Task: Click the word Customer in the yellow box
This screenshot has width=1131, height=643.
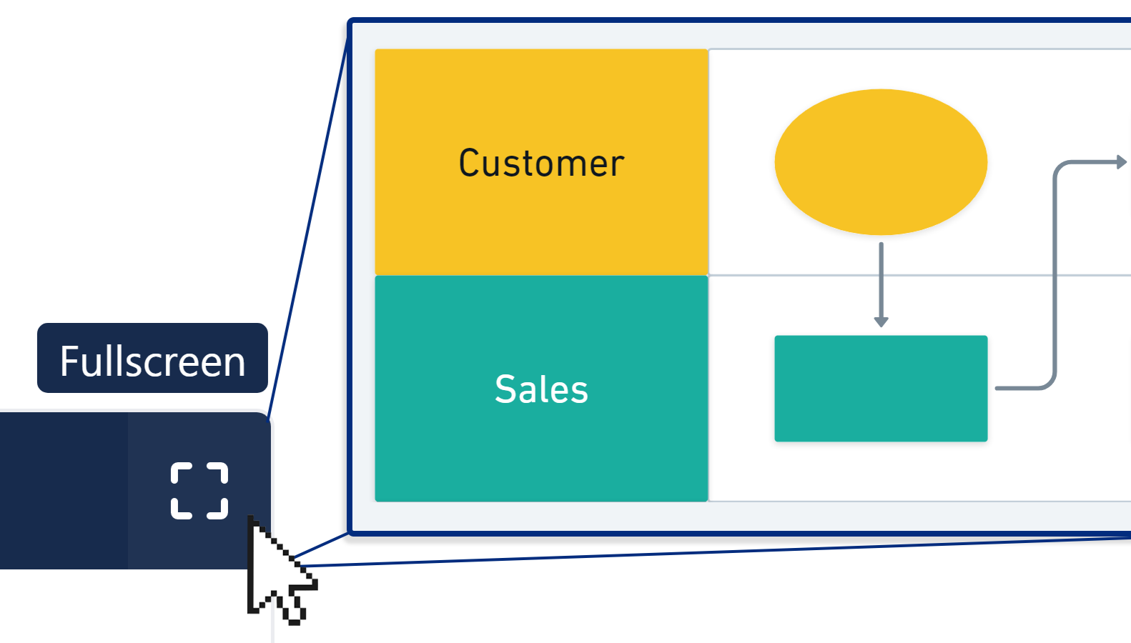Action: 541,164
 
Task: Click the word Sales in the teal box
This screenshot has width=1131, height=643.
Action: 541,389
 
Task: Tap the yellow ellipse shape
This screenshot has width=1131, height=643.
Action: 881,162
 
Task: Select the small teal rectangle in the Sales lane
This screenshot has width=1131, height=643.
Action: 881,389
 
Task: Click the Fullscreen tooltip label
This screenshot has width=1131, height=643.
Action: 152,359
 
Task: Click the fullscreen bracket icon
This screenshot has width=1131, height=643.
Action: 199,490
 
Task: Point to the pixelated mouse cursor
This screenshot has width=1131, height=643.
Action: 275,572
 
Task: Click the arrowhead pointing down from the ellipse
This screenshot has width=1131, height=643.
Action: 881,322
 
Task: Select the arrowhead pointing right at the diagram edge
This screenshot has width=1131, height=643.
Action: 1122,162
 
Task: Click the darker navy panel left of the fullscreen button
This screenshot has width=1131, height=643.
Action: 64,490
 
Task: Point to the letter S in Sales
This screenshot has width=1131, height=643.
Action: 505,389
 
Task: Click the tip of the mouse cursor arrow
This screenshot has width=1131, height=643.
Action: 250,517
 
